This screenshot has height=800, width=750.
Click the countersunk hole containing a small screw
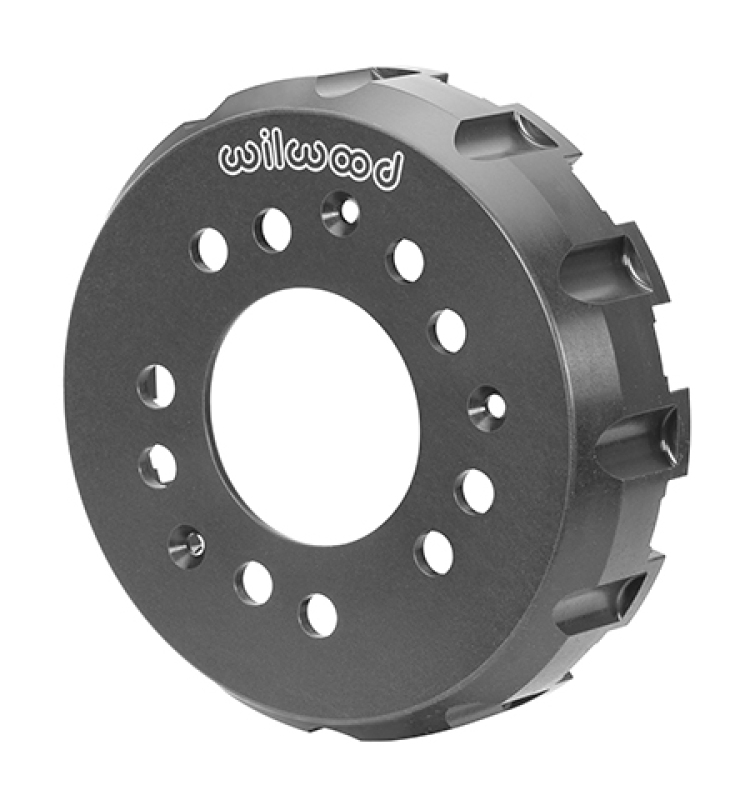[187, 543]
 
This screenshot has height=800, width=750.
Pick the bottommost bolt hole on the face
[318, 615]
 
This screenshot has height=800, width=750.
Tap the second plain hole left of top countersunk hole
[209, 249]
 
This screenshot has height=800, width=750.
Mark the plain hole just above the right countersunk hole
[449, 330]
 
